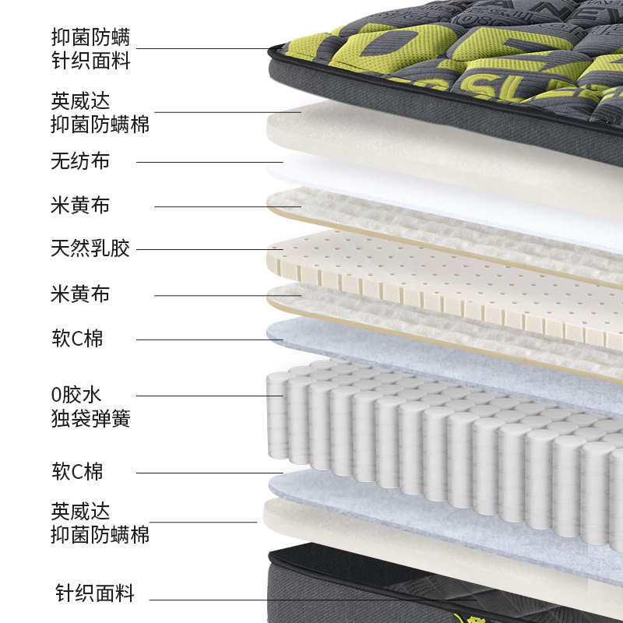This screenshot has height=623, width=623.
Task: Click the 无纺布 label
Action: pyautogui.click(x=80, y=162)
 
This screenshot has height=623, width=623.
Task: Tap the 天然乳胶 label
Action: pyautogui.click(x=90, y=250)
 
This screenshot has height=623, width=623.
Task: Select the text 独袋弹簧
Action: pyautogui.click(x=90, y=419)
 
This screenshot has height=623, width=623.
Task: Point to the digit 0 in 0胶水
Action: pyautogui.click(x=55, y=396)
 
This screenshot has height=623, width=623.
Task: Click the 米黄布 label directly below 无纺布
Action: pyautogui.click(x=80, y=206)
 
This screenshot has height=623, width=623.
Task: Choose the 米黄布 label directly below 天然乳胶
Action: pyautogui.click(x=80, y=294)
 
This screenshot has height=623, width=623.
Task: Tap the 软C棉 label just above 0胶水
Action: pyautogui.click(x=77, y=339)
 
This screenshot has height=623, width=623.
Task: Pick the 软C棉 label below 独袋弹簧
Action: pyautogui.click(x=77, y=471)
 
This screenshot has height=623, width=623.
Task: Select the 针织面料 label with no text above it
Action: pyautogui.click(x=95, y=594)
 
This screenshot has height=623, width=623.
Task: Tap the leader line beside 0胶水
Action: pyautogui.click(x=202, y=396)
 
